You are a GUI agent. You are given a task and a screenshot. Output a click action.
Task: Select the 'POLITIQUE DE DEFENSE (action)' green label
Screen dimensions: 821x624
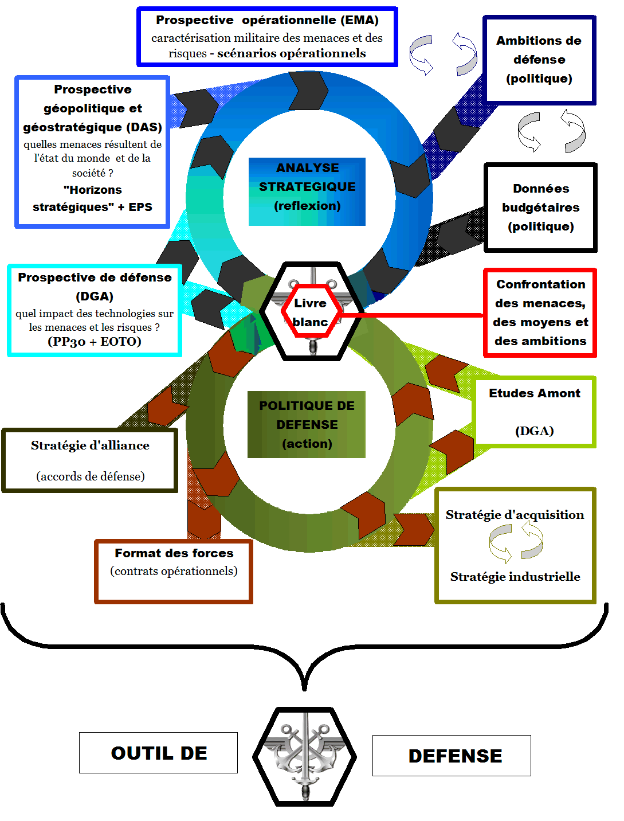[x=307, y=424]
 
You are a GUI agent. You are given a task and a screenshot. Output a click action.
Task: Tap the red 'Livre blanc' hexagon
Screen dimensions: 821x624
[x=311, y=312]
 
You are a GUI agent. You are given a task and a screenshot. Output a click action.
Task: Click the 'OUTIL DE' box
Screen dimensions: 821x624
[x=158, y=753]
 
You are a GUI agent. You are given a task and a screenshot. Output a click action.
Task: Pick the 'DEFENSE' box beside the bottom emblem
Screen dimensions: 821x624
[x=452, y=756]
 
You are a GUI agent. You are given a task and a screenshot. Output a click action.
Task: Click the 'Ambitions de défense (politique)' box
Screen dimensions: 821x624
[x=539, y=60]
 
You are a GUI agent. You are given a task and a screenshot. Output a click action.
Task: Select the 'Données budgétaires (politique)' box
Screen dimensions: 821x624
[x=540, y=208]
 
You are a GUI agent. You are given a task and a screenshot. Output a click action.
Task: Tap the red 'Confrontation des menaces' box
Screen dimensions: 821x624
[x=540, y=312]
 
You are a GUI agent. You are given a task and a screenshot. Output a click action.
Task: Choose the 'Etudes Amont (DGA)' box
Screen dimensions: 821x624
[x=534, y=412]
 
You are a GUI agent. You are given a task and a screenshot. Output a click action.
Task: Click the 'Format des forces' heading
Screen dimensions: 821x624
[x=174, y=553]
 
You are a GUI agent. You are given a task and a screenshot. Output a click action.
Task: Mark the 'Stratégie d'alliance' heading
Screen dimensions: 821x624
[x=90, y=445]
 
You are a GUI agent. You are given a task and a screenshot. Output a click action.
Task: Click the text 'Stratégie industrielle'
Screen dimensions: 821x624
[x=515, y=577]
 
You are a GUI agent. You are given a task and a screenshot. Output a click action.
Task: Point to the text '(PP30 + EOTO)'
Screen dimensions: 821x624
[x=95, y=342]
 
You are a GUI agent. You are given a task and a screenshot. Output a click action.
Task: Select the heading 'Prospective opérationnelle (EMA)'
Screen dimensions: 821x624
[x=267, y=20]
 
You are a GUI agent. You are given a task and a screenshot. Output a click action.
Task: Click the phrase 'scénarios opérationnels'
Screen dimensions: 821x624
[x=291, y=53]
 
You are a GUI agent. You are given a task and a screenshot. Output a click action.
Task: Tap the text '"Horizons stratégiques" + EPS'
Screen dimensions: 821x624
[x=92, y=198]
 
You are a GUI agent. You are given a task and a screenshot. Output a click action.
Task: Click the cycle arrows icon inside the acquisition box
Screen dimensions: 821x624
[x=516, y=544]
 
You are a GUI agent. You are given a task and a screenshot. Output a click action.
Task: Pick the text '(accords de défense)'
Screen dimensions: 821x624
[x=91, y=476]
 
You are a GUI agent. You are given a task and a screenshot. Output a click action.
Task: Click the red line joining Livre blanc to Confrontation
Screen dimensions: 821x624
[x=413, y=315]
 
